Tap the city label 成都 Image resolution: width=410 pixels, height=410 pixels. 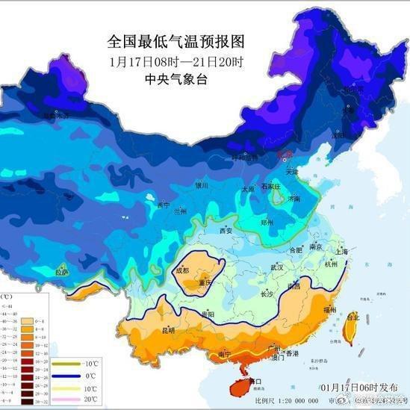click(x=183, y=271)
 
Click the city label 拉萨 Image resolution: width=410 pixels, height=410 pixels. click(x=62, y=273)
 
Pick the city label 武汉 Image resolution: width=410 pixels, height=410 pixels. click(x=278, y=267)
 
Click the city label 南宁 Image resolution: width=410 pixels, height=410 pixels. click(x=224, y=352)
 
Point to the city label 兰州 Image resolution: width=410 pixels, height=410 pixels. click(x=180, y=211)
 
